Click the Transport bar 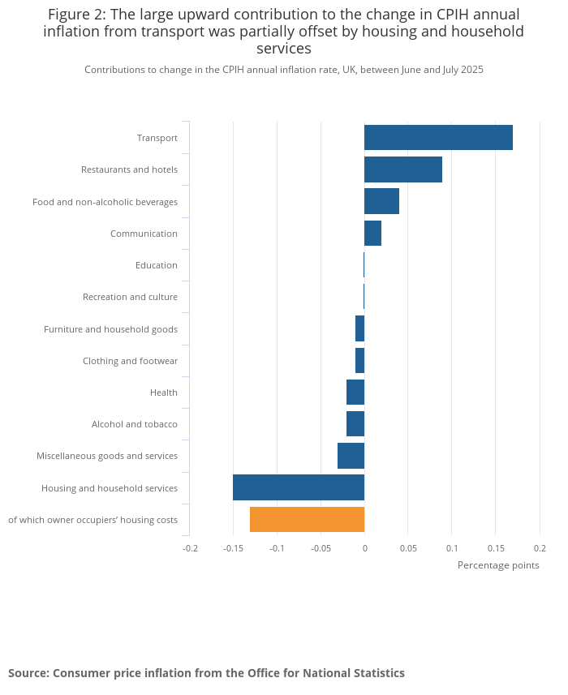(438, 138)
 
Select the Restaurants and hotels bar (403, 169)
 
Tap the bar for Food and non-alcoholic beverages (381, 201)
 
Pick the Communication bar (372, 234)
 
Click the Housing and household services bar (299, 488)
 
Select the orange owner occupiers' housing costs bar (307, 520)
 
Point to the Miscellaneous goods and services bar (351, 456)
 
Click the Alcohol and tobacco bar (355, 424)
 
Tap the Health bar (355, 393)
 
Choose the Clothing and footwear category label (130, 361)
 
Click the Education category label (157, 265)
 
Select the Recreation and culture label (130, 297)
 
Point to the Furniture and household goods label (110, 329)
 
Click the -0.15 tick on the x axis (233, 548)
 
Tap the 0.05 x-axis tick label (408, 548)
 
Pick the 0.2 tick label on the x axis (540, 548)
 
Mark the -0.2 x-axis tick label (190, 548)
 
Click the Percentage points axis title (498, 565)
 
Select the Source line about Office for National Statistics (206, 673)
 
